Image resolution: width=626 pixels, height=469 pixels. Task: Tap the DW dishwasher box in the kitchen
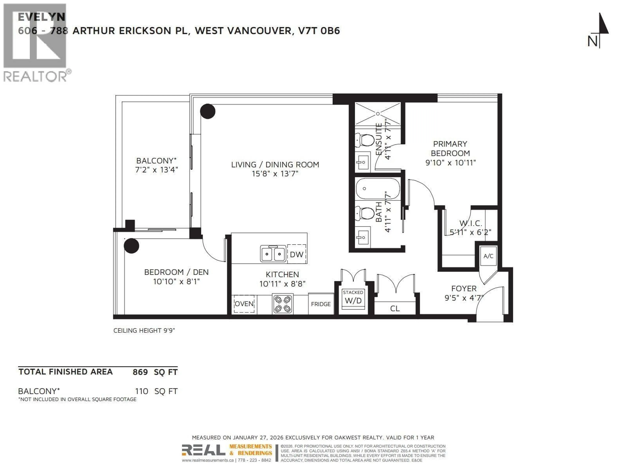pos(297,254)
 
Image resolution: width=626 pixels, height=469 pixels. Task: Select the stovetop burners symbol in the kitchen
pos(283,304)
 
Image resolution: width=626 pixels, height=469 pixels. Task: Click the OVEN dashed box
pos(244,304)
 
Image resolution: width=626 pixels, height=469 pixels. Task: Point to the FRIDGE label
pos(321,304)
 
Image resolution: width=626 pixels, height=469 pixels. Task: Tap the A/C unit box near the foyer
pos(488,256)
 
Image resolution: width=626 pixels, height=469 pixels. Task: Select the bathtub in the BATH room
pos(378,189)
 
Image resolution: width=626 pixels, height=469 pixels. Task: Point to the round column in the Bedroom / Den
pos(131,246)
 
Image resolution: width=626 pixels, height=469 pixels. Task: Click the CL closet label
pos(395,308)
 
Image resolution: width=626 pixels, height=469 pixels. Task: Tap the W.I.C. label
pos(470,223)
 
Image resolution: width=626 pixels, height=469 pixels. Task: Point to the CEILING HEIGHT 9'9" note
pos(144,330)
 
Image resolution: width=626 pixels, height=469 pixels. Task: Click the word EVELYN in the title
pos(42,17)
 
